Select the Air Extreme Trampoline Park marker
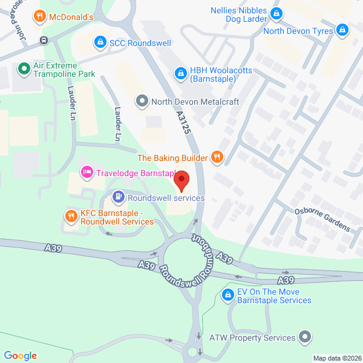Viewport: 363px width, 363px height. click(24, 69)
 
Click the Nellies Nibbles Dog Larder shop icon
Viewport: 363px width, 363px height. click(276, 13)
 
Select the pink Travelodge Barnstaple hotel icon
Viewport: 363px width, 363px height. click(87, 173)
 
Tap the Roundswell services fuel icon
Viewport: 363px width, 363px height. click(119, 197)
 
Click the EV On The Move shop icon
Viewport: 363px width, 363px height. click(227, 295)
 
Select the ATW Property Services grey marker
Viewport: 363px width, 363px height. click(304, 338)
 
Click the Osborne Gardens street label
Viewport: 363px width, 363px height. click(322, 218)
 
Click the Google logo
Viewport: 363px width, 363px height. click(20, 356)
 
